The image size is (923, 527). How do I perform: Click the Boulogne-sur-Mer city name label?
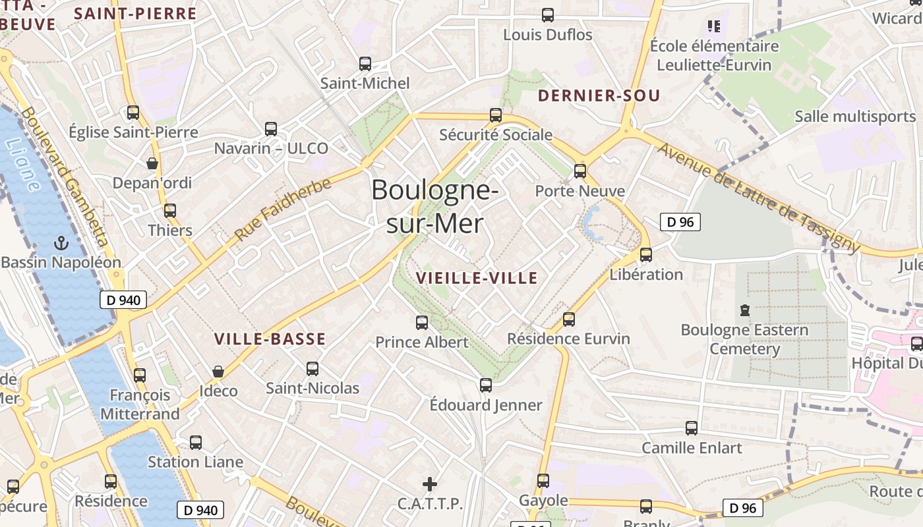coord(434,207)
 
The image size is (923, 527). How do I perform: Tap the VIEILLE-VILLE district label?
coord(477,278)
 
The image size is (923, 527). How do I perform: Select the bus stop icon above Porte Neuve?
coord(580,171)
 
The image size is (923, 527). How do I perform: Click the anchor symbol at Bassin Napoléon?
coord(61,243)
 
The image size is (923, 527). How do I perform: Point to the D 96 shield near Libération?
coord(680,222)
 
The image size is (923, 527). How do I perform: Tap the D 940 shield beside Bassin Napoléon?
coord(123,300)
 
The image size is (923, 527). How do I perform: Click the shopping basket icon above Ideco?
coord(218,372)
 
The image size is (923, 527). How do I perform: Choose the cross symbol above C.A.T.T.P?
coord(430,485)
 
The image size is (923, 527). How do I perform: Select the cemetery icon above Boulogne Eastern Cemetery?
coord(745,310)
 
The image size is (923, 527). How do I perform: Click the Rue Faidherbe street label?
coord(282,209)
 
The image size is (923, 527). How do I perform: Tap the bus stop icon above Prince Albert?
coord(422,323)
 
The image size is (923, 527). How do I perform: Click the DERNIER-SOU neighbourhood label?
coord(599,96)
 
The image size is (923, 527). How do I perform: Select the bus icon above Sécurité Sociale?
coord(496,115)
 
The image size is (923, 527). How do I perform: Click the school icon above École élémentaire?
coord(713,26)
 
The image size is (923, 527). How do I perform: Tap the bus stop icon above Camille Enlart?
coord(692,428)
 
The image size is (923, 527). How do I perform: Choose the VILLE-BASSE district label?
coord(270,339)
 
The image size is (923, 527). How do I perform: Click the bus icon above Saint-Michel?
coord(365,64)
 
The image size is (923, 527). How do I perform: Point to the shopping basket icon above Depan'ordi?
coord(152,163)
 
